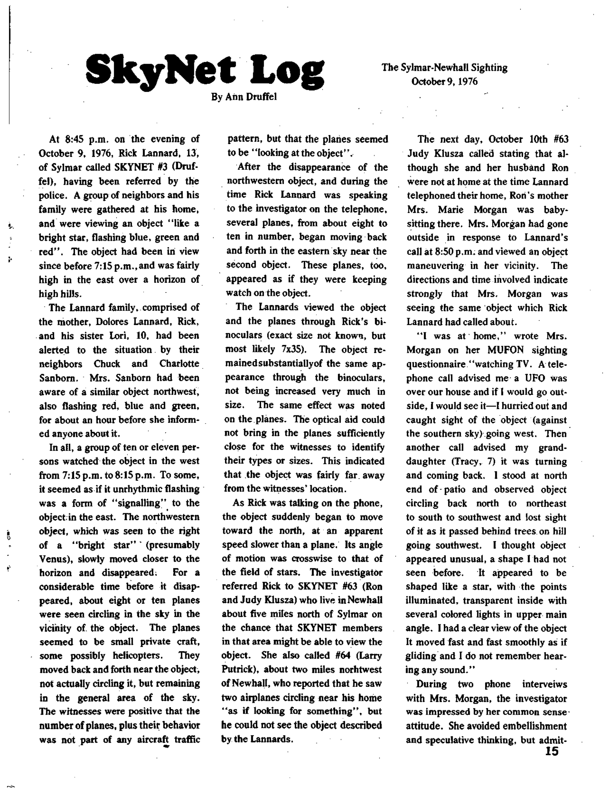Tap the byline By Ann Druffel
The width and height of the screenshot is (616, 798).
[x=244, y=97]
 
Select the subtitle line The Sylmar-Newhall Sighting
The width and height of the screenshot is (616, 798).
[x=444, y=68]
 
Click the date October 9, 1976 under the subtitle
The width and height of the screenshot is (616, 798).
[x=444, y=81]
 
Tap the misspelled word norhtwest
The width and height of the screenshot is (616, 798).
[x=360, y=670]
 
